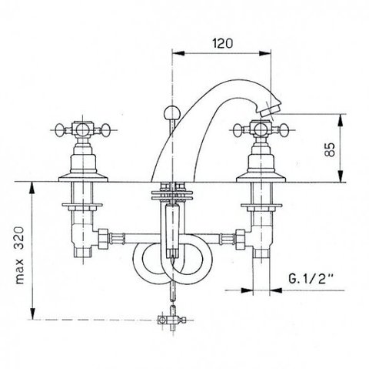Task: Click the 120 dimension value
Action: (223, 43)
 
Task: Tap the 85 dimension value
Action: (330, 149)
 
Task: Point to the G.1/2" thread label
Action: (311, 278)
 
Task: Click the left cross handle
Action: (83, 130)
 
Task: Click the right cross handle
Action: (261, 130)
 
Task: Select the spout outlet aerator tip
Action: (270, 110)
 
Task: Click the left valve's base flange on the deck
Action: (83, 178)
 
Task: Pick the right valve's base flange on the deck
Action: (261, 178)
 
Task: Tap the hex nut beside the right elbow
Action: (241, 239)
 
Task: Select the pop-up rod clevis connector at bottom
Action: (171, 320)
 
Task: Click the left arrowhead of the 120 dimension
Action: (178, 53)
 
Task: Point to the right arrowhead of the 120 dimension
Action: (264, 53)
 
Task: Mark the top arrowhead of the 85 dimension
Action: (341, 120)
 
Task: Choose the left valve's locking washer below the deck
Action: (82, 205)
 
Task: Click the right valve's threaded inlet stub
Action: (261, 253)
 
